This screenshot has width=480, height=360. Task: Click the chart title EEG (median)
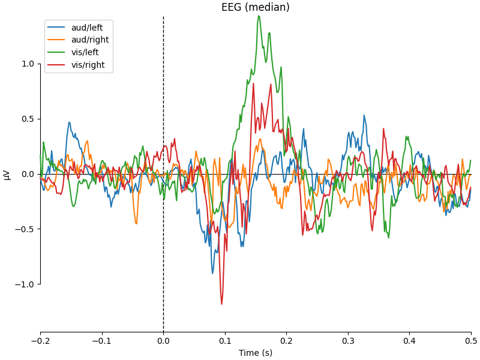coord(256,7)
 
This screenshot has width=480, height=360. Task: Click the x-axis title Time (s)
coord(256,353)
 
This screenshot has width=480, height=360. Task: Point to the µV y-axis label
coord(7,175)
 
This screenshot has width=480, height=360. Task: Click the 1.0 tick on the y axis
coord(28,64)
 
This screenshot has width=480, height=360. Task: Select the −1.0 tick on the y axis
coord(26,284)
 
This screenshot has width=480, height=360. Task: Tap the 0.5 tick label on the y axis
coord(28,119)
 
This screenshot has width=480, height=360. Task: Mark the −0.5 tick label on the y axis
coord(26,229)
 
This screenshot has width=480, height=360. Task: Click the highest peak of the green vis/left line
coord(259,16)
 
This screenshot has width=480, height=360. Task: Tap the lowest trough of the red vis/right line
coord(221,304)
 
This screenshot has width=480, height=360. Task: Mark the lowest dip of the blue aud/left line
coord(212,274)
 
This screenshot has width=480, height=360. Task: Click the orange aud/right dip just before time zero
coord(136,224)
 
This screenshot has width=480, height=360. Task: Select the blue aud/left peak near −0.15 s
coord(69,122)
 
